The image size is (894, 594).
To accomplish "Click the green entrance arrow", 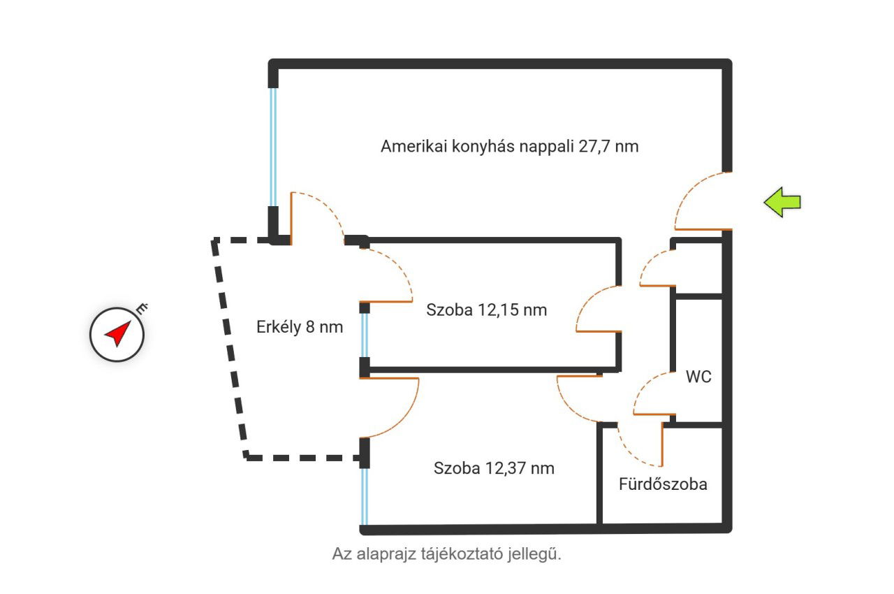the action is [x=782, y=203].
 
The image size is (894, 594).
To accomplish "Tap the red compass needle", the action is [x=118, y=333].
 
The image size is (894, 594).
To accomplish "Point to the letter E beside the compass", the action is [x=142, y=309].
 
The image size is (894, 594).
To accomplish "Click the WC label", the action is [x=698, y=377].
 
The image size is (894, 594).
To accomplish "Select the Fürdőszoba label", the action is [x=663, y=484].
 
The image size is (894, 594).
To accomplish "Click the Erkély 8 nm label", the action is [x=300, y=327].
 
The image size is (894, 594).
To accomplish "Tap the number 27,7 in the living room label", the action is [x=594, y=147].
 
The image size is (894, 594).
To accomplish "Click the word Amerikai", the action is [x=414, y=146].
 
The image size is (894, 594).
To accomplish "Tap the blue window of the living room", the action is [x=273, y=147].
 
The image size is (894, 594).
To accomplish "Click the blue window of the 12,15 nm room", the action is [x=364, y=335].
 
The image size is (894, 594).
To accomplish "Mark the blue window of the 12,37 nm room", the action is [x=364, y=496].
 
